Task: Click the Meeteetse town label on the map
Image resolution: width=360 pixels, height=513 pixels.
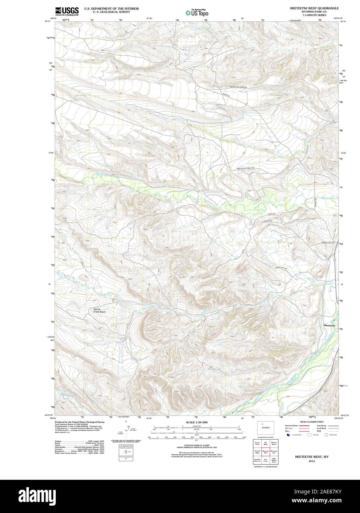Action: (x=329, y=326)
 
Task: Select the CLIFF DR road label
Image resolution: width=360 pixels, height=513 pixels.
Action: (x=271, y=214)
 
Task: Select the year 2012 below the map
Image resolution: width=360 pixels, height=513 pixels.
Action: (x=309, y=460)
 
